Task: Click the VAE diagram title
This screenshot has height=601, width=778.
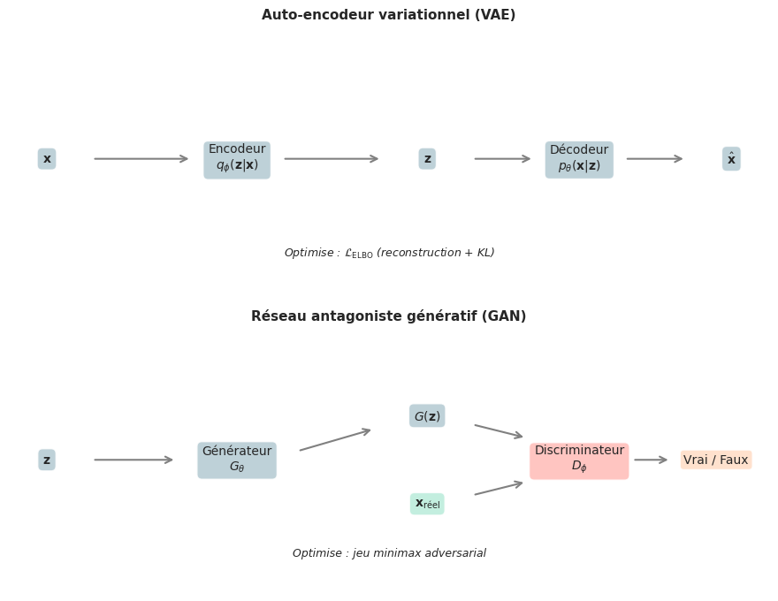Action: [x=388, y=15]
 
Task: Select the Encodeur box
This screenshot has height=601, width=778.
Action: [x=237, y=159]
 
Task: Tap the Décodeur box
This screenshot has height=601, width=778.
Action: [x=579, y=159]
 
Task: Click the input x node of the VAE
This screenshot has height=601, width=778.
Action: [x=47, y=159]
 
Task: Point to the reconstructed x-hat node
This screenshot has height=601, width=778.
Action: [x=731, y=159]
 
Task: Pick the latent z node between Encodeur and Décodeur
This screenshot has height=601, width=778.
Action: [x=427, y=159]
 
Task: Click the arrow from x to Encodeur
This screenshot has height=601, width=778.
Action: [x=141, y=159]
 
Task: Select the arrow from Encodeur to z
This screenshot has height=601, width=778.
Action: [x=332, y=159]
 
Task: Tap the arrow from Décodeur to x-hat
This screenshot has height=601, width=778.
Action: [x=655, y=159]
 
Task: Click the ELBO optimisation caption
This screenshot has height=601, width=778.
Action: [x=389, y=254]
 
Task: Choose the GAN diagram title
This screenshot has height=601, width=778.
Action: [x=388, y=316]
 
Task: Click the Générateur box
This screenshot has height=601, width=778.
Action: [x=237, y=460]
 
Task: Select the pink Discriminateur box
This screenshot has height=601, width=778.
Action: [x=579, y=460]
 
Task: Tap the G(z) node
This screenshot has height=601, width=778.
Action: [x=427, y=416]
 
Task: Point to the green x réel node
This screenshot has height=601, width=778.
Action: [x=427, y=504]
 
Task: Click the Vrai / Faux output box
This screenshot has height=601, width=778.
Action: [x=716, y=460]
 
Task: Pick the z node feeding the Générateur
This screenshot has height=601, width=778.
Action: [x=47, y=460]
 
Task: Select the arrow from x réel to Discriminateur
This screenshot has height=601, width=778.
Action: [x=500, y=489]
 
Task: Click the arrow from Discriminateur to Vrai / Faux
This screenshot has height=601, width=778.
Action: [x=652, y=460]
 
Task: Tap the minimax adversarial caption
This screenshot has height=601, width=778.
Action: [x=389, y=554]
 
